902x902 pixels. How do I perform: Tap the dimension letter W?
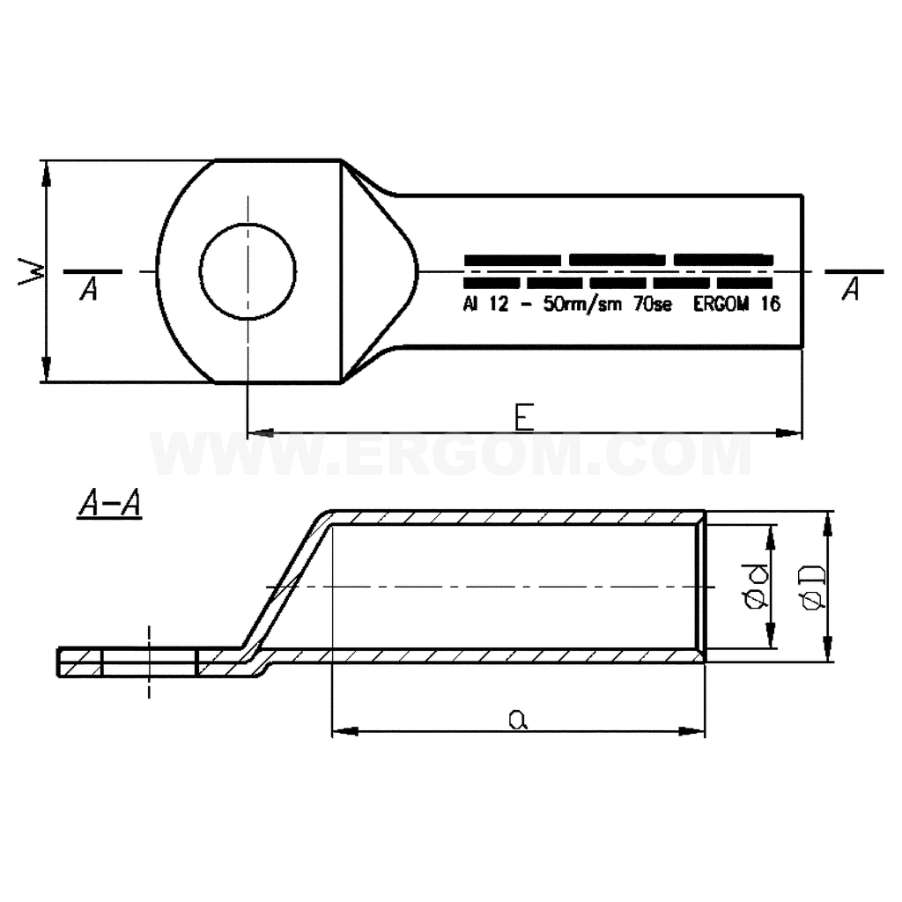[x=32, y=271]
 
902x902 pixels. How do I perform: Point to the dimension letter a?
[x=518, y=719]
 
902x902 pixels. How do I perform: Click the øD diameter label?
[x=813, y=588]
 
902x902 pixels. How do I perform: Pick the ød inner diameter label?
[x=757, y=588]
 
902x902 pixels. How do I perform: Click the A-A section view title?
[x=109, y=506]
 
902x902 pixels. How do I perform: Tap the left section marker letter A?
[x=89, y=289]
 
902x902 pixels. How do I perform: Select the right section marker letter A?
[x=850, y=289]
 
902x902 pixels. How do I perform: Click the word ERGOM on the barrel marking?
[x=722, y=304]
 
